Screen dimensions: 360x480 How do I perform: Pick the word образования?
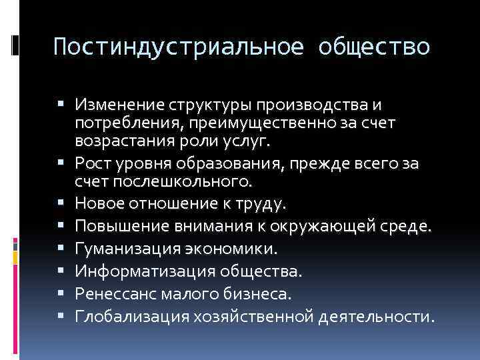pyautogui.click(x=233, y=163)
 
